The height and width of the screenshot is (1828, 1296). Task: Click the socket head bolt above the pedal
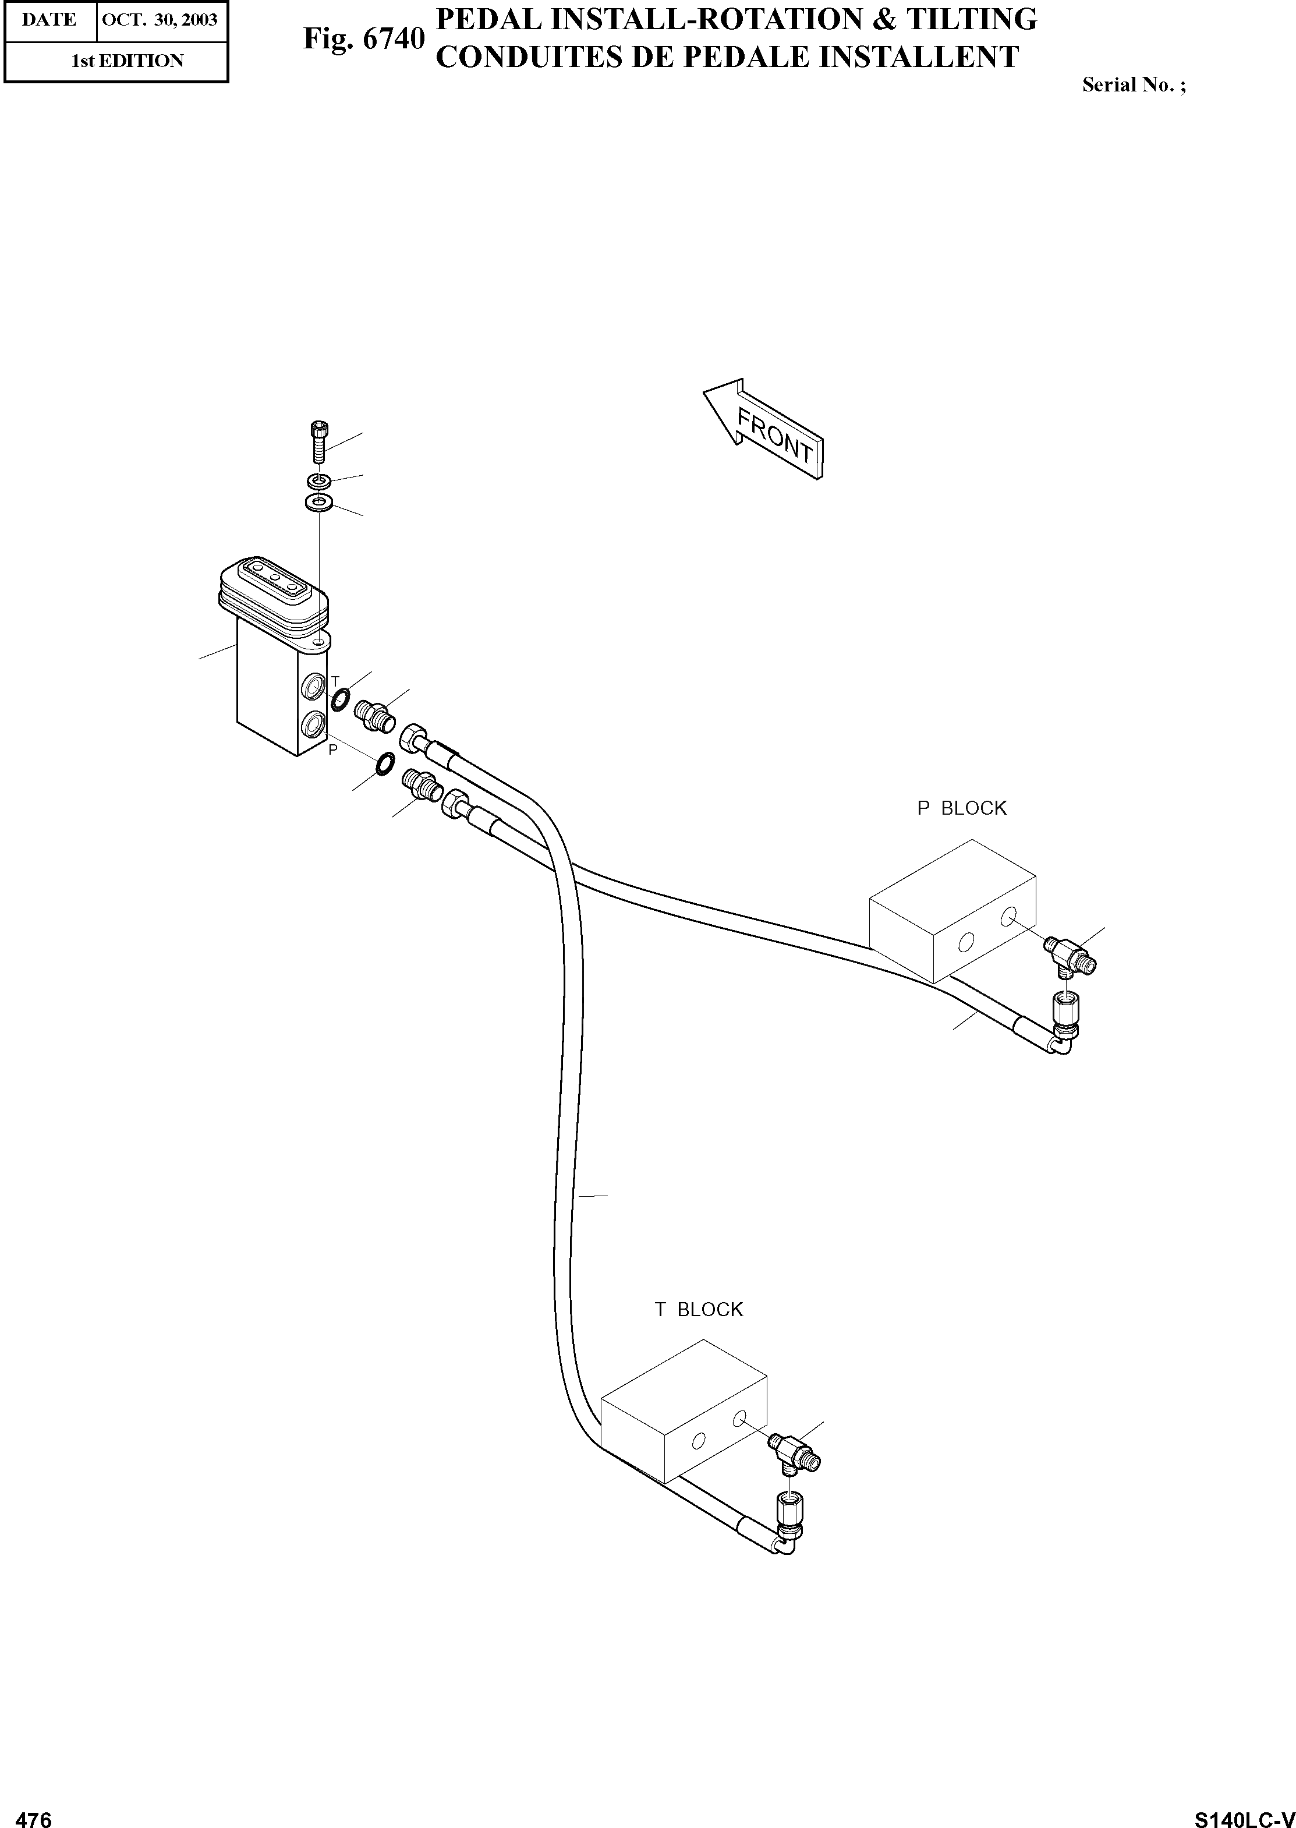click(318, 441)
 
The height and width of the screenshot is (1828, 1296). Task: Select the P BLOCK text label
click(962, 809)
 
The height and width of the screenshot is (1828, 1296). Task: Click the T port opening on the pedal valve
click(314, 685)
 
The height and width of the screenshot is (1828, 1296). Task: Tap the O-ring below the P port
click(384, 763)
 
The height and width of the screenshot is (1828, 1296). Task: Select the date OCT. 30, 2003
click(161, 19)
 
